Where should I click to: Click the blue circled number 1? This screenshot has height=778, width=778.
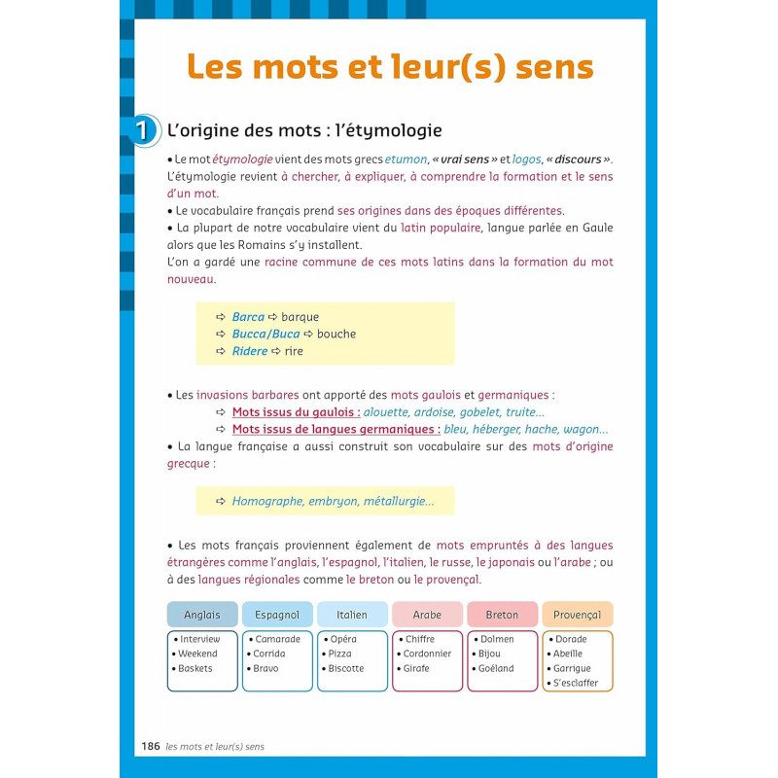tap(143, 130)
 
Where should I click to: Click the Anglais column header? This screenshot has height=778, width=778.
tap(202, 615)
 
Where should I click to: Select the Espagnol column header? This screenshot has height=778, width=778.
tap(277, 615)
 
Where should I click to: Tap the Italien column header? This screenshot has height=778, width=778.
tap(352, 615)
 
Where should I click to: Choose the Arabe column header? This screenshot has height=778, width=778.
tap(427, 615)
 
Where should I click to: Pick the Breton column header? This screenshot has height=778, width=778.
tap(502, 615)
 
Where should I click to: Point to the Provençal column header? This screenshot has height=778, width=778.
tap(578, 615)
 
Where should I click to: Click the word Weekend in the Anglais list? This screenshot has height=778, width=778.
tap(198, 654)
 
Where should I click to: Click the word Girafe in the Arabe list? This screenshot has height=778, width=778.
tap(416, 669)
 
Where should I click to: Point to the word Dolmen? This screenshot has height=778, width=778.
tap(496, 639)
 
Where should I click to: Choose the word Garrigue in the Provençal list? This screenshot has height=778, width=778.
tap(572, 669)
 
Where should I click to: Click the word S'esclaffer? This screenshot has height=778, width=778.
tap(576, 684)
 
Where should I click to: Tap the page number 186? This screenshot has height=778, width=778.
tap(150, 747)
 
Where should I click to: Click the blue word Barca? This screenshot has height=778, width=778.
tap(248, 317)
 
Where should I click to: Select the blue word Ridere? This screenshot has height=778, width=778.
tap(250, 351)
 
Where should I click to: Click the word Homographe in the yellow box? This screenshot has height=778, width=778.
tap(266, 502)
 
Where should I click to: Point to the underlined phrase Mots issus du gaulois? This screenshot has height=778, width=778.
tap(296, 412)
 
